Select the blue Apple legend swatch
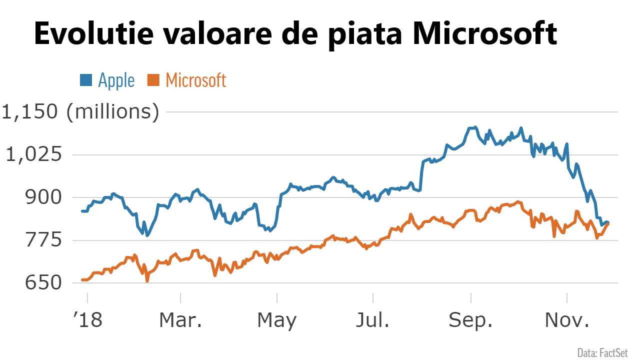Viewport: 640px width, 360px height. pos(86,80)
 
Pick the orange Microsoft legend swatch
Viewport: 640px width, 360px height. pos(153,80)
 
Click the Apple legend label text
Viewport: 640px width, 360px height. pos(116,80)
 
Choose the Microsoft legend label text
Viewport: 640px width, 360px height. pos(196,80)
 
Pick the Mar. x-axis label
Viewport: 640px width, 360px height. pos(180,320)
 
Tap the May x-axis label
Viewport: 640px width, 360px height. pos(276,320)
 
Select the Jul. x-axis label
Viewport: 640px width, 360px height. pos(372,320)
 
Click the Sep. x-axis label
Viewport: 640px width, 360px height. pos(470,320)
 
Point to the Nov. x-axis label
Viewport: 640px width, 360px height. pos(567,320)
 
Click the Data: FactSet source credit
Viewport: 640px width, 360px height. pos(602,352)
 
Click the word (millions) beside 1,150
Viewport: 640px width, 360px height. pos(113,112)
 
